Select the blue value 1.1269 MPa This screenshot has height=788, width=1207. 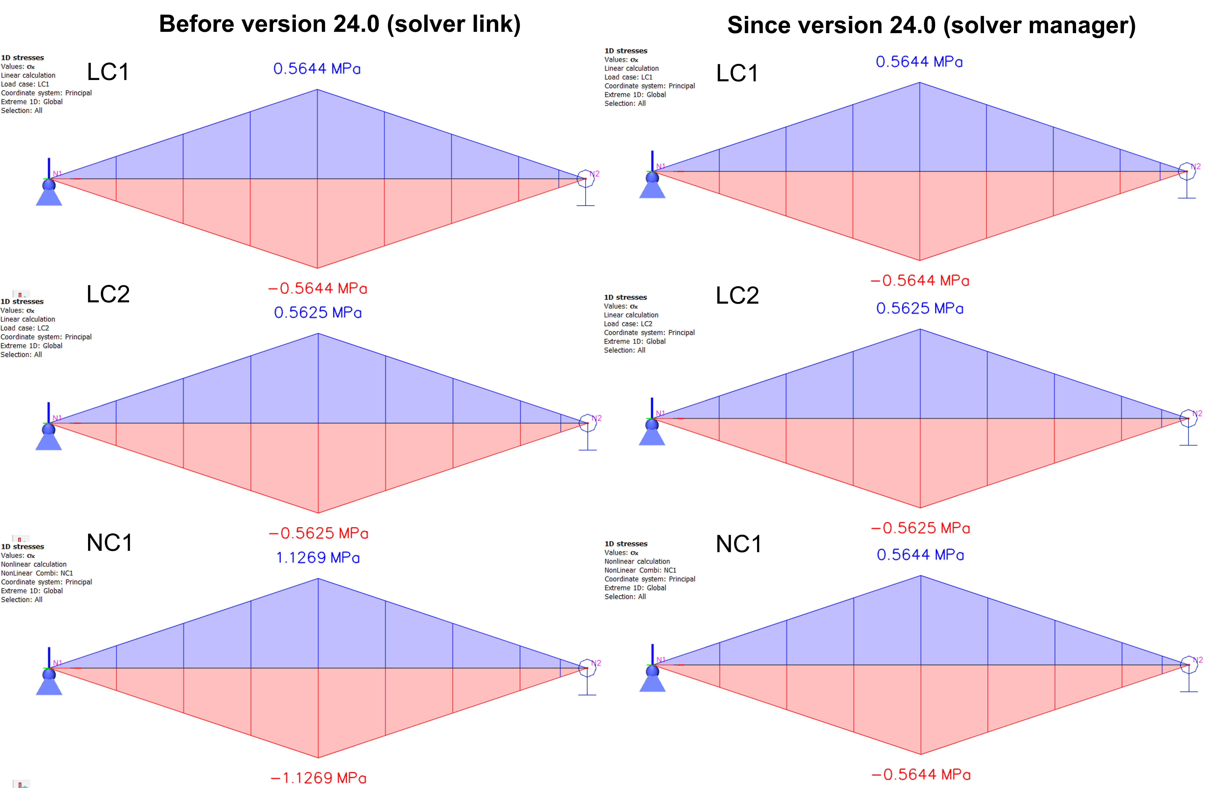point(318,558)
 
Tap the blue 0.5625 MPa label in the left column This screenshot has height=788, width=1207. point(318,312)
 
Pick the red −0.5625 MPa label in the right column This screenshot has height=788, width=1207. point(921,528)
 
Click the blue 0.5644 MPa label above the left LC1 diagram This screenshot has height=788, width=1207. point(317,68)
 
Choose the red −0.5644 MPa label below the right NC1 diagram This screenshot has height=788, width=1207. point(921,774)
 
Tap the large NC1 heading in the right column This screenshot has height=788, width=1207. point(738,544)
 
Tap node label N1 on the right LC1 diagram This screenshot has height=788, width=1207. point(661,166)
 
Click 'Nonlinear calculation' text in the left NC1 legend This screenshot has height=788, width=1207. point(34,564)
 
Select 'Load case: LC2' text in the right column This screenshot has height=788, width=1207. point(628,323)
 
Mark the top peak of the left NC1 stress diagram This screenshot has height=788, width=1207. point(318,579)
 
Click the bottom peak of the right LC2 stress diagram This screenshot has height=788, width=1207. point(921,508)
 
